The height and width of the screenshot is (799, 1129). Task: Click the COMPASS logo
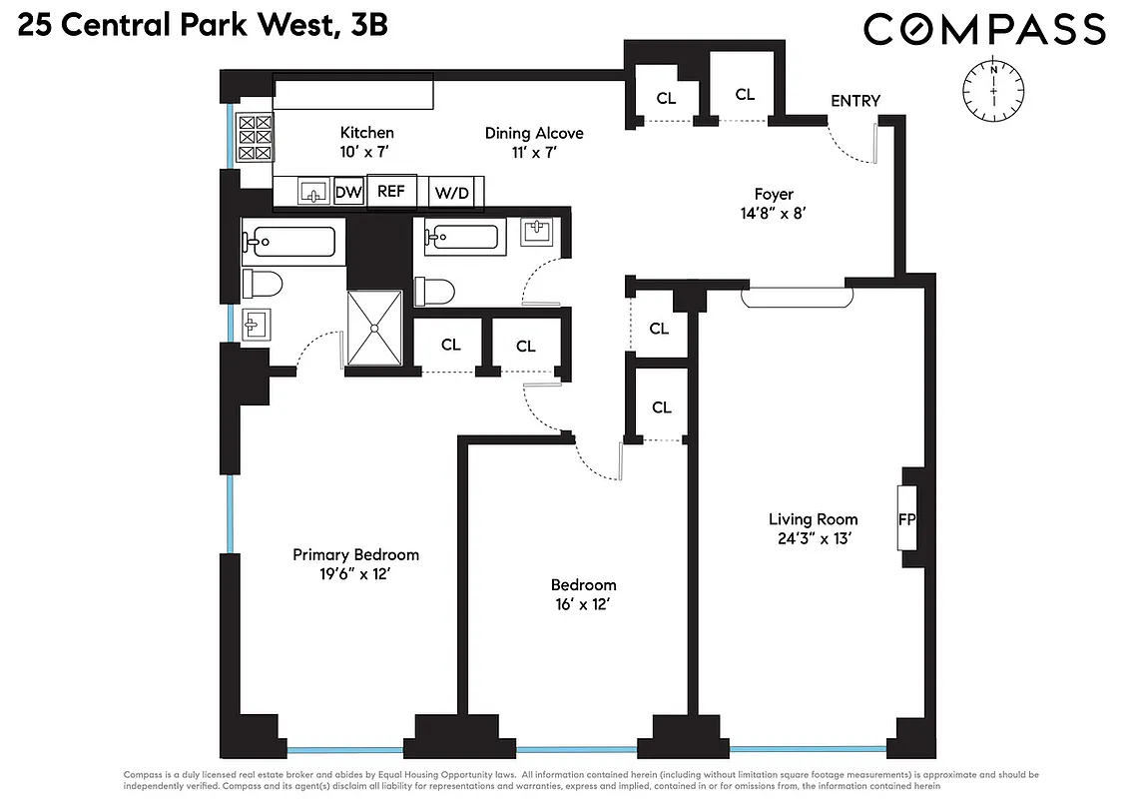pos(984,29)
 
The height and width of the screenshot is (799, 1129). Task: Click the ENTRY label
pos(855,101)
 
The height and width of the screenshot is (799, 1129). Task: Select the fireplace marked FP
pos(907,518)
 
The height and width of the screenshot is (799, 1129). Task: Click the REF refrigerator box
pos(391,191)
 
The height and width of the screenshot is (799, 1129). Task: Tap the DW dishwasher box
pos(348,192)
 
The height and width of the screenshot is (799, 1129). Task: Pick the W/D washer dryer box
pos(451,192)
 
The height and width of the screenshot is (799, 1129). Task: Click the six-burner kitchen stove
pos(255,138)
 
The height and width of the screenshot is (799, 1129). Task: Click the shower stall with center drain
pos(374,328)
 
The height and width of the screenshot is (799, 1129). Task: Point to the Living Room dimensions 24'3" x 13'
pos(813,539)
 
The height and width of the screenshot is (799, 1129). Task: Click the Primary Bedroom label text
pos(355,554)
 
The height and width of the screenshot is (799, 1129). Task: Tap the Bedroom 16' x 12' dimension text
pos(583,604)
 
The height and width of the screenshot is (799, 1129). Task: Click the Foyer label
pos(774,194)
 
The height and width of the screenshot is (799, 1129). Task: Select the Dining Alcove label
pos(534,133)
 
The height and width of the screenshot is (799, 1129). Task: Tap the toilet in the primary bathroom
pos(263,285)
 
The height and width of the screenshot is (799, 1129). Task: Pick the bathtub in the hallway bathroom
pos(461,238)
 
